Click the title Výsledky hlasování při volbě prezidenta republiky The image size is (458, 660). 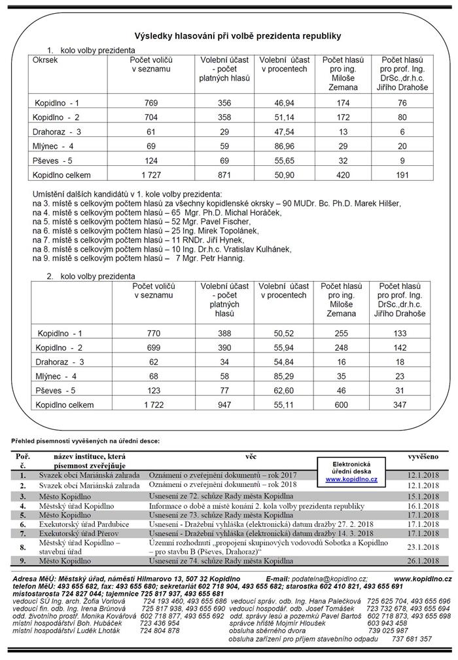point(229,35)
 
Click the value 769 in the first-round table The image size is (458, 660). point(152,103)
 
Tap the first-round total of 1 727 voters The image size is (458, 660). point(152,176)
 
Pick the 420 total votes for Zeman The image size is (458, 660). point(342,176)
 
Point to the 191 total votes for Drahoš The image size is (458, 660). point(402,176)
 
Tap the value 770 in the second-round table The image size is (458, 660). point(152,333)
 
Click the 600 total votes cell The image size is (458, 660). point(342,406)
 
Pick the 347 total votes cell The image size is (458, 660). point(402,406)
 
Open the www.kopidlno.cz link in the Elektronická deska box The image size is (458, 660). point(352,480)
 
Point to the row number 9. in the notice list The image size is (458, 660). point(22,561)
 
